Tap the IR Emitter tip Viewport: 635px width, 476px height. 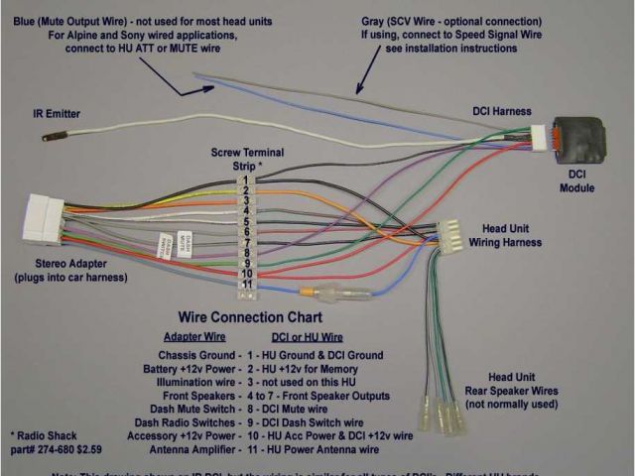[x=48, y=138]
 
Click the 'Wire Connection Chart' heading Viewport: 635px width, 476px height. [x=250, y=318]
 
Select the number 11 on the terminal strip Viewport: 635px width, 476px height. [x=245, y=286]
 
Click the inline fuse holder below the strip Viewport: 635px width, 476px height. [x=337, y=295]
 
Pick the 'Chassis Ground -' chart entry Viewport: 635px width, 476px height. [x=199, y=355]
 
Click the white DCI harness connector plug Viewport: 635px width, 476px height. [x=539, y=138]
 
